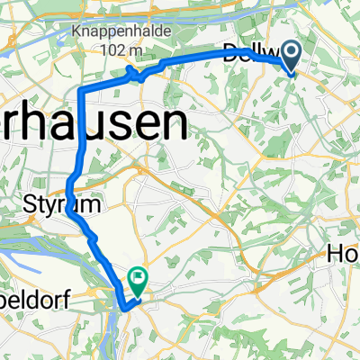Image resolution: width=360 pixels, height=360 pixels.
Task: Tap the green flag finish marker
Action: point(139,280)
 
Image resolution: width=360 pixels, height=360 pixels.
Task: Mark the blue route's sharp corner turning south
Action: point(81,91)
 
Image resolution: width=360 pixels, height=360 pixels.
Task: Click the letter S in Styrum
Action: point(26,204)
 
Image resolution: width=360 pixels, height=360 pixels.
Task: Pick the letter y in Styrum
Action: point(44,206)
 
